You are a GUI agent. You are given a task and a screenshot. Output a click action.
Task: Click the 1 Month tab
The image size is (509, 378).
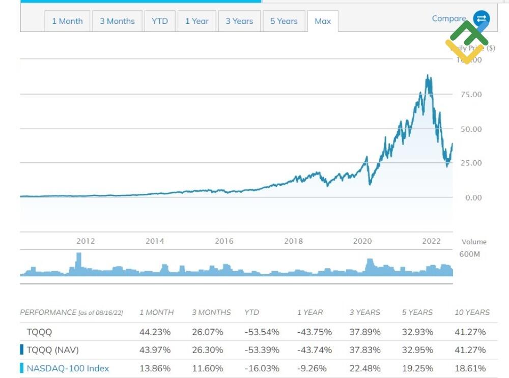tap(67, 21)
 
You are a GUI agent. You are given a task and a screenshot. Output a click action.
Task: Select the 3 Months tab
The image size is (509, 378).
tap(117, 21)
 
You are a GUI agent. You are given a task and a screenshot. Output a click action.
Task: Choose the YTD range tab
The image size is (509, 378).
tap(159, 21)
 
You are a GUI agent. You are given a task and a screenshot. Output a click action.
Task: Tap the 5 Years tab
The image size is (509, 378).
tap(284, 21)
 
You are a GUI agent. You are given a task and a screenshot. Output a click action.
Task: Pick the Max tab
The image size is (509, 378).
tap(323, 21)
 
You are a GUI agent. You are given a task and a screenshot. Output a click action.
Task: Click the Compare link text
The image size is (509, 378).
tap(449, 18)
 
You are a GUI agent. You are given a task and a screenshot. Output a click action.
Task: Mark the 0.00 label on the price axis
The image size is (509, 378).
tap(473, 197)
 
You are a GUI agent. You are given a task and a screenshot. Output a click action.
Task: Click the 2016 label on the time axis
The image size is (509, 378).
tap(224, 241)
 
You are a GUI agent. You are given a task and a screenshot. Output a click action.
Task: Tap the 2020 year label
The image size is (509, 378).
tap(362, 241)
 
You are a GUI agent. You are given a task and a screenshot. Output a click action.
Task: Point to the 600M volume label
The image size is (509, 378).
tap(469, 254)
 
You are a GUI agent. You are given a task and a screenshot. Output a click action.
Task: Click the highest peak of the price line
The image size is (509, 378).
tap(428, 76)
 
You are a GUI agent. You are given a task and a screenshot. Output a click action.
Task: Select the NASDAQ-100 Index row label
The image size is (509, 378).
tap(68, 368)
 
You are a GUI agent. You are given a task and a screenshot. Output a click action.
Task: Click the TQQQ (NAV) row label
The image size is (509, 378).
tap(52, 350)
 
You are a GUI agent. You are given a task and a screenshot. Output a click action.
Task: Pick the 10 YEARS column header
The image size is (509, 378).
tap(472, 312)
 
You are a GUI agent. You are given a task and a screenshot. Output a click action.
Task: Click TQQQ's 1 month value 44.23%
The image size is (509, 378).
tap(155, 332)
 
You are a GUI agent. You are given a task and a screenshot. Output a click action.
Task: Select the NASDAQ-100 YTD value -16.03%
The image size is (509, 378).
tap(262, 368)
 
